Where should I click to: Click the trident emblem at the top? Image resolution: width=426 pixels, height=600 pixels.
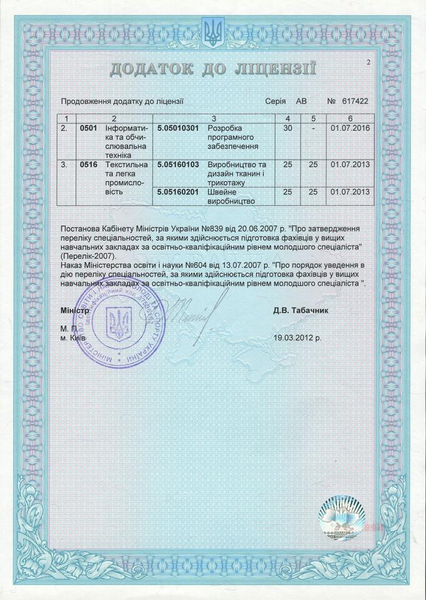[x=212, y=31]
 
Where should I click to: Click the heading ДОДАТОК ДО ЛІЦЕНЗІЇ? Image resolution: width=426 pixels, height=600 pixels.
[x=212, y=68]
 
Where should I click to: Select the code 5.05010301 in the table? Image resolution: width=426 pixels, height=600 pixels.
[x=178, y=128]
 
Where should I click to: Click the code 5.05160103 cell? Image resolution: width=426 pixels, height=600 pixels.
[x=178, y=164]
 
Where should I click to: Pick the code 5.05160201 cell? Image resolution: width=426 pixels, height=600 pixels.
[x=178, y=191]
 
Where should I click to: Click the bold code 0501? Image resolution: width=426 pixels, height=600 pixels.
[x=89, y=128]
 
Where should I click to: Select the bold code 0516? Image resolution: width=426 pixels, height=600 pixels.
[x=89, y=164]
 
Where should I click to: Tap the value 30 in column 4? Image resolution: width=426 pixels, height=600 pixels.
[x=288, y=128]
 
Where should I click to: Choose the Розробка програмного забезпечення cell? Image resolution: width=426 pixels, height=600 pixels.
[x=232, y=137]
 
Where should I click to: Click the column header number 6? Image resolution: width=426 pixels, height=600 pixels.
[x=350, y=118]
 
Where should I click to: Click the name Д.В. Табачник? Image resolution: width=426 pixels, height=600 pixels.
[x=301, y=310]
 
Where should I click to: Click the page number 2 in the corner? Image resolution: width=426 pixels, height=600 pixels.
[x=369, y=61]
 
